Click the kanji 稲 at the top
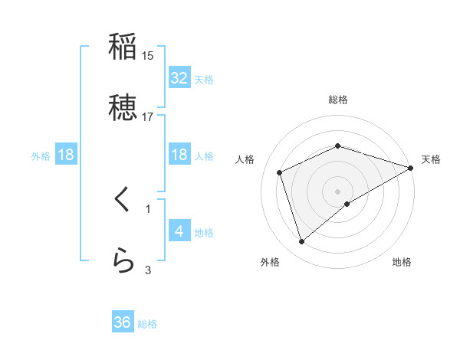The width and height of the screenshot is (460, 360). coord(123,47)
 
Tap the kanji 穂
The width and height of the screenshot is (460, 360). coord(123,108)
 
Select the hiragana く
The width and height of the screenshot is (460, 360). coord(123,200)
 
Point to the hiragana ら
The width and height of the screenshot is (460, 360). coord(123,261)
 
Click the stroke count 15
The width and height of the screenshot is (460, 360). coord(148,56)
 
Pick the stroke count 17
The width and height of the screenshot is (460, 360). coord(148,117)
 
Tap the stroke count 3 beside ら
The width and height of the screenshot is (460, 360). coord(148,270)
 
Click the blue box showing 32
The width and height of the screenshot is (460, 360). coord(179,78)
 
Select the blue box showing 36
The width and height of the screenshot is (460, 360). coord(123,323)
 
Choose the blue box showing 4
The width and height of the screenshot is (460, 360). coord(179,231)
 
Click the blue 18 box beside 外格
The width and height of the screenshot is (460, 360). coord(66,155)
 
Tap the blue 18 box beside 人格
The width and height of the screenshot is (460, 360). coord(179,155)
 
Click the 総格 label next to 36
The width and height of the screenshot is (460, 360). coord(147,324)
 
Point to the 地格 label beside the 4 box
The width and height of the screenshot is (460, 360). coord(204,232)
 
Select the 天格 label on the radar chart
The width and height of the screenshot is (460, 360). coord(432,159)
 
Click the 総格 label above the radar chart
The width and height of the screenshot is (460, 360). coord(337,100)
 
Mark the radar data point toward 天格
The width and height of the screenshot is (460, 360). coord(411,168)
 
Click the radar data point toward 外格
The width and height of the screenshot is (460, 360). coord(301,242)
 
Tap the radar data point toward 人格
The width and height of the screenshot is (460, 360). coord(280,172)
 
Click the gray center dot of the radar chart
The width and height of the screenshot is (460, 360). coord(337,191)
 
